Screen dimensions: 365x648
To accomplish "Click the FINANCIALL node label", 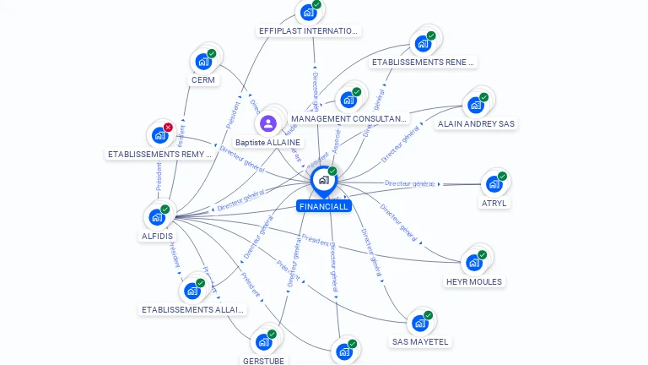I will pyautogui.click(x=323, y=206).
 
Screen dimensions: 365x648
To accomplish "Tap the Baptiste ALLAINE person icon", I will pyautogui.click(x=268, y=124).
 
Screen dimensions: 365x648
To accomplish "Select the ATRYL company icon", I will pyautogui.click(x=493, y=184).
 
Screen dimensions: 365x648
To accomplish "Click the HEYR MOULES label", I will pyautogui.click(x=473, y=281).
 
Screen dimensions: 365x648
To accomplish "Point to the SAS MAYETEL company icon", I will pyautogui.click(x=418, y=323).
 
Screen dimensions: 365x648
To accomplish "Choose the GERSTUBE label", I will pyautogui.click(x=263, y=360).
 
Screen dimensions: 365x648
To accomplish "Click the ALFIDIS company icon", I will pyautogui.click(x=156, y=217).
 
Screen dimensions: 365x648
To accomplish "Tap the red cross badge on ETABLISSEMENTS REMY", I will pyautogui.click(x=168, y=128).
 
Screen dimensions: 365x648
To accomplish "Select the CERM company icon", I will pyautogui.click(x=202, y=61).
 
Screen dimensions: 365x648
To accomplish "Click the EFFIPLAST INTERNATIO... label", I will pyautogui.click(x=309, y=31).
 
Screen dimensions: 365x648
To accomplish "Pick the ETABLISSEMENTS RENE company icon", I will pyautogui.click(x=421, y=43).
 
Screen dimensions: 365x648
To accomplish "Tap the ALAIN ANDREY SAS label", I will pyautogui.click(x=476, y=123).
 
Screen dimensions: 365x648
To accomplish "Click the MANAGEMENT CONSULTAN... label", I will pyautogui.click(x=348, y=118).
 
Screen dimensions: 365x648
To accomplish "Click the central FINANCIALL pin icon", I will pyautogui.click(x=323, y=179).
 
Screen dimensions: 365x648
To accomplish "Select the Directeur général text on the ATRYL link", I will pyautogui.click(x=410, y=183).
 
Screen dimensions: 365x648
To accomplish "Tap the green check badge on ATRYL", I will pyautogui.click(x=502, y=177).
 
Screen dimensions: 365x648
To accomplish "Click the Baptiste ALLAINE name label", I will pyautogui.click(x=267, y=143).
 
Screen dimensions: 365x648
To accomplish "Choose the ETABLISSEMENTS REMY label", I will pyautogui.click(x=159, y=154).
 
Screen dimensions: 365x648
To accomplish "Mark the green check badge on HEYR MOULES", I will pyautogui.click(x=482, y=254).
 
